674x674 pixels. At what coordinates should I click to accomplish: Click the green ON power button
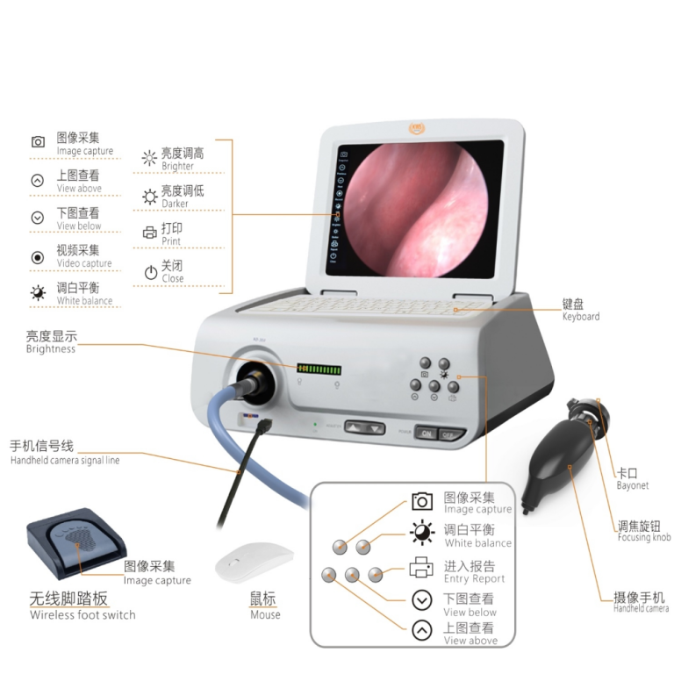[427, 433]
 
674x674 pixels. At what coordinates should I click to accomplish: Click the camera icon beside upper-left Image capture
[38, 142]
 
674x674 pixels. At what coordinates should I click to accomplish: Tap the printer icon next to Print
[149, 233]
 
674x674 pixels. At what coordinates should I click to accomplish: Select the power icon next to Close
[150, 271]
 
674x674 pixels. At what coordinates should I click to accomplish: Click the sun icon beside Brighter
[149, 159]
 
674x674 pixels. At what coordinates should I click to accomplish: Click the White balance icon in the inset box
[422, 534]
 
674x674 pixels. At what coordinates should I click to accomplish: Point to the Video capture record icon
[38, 257]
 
